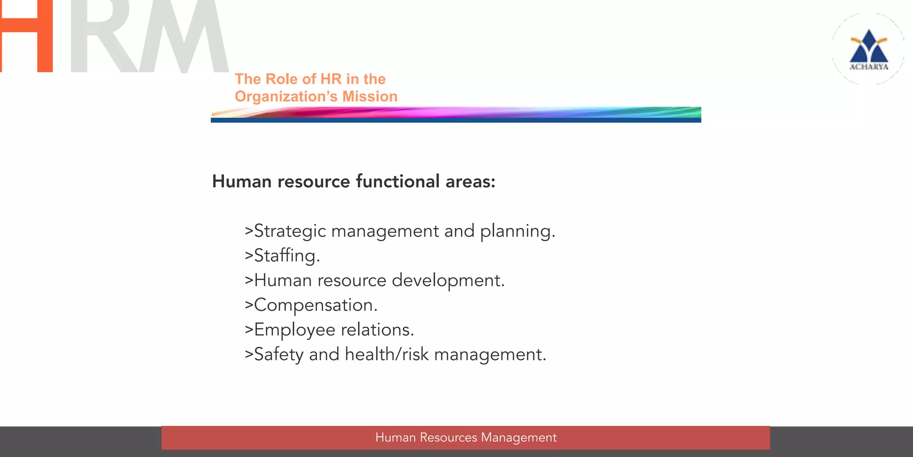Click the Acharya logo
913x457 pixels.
tap(868, 49)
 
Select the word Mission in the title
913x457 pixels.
tap(370, 96)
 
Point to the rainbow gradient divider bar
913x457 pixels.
tap(456, 114)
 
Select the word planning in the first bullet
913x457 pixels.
tap(517, 231)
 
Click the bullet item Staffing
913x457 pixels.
tap(283, 256)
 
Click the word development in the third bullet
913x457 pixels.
tap(448, 280)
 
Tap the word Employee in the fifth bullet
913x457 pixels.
tap(294, 330)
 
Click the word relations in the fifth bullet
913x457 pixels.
tap(377, 330)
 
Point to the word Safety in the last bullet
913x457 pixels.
tap(279, 354)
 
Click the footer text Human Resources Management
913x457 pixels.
tap(466, 437)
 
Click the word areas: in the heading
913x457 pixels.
tap(470, 182)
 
